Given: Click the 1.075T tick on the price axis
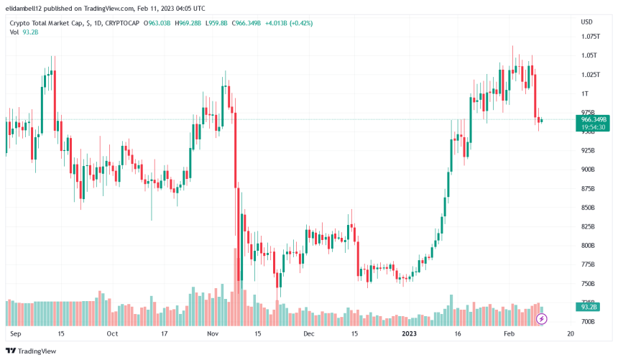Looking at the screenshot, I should click(x=590, y=36).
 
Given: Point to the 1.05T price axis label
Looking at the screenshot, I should click(x=589, y=55).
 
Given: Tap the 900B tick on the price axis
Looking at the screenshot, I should click(x=588, y=170).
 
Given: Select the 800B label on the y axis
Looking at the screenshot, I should click(x=588, y=246).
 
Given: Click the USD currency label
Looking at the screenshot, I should click(x=586, y=22).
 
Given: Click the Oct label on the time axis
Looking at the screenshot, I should click(x=112, y=334).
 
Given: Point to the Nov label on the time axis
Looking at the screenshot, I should click(x=213, y=334).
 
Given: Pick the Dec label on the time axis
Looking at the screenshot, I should click(x=309, y=334).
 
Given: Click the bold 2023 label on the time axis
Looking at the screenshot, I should click(x=408, y=334).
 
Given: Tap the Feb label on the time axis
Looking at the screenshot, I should click(x=509, y=334).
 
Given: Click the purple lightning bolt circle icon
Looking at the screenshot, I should click(x=542, y=318).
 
